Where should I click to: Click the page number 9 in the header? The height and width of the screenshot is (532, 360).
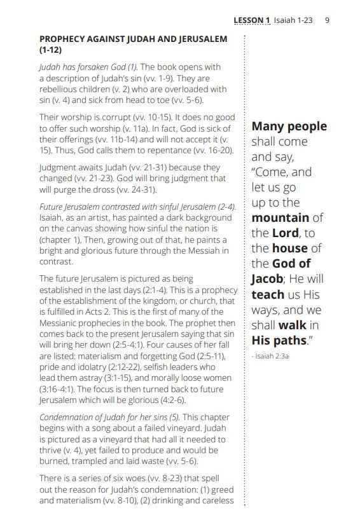pos(327,20)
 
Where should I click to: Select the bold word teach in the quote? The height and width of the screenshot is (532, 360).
pos(267,294)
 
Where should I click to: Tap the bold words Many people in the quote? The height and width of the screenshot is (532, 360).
pos(289,126)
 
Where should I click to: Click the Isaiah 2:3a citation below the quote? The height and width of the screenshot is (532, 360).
pos(272,357)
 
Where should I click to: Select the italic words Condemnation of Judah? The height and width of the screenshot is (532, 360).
pos(83,416)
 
